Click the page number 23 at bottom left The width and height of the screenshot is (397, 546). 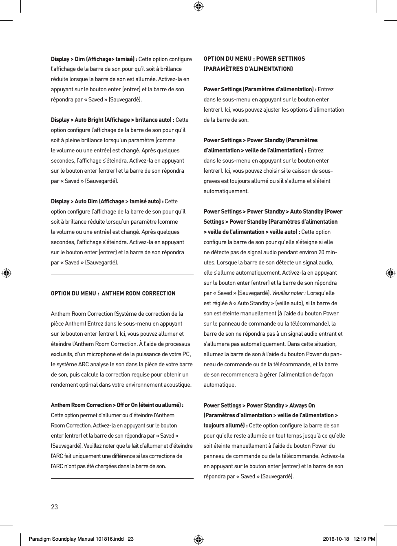click(54, 507)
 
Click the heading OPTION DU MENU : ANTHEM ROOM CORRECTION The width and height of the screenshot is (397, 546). click(113, 293)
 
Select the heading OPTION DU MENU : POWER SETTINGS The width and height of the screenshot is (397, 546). click(254, 59)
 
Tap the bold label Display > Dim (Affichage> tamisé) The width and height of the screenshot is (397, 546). click(94, 59)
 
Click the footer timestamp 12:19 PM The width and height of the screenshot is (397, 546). click(365, 539)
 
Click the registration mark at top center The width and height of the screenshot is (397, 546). click(198, 6)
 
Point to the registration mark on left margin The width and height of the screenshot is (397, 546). click(6, 273)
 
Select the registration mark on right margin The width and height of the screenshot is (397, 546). click(390, 273)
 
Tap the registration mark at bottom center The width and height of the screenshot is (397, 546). click(198, 539)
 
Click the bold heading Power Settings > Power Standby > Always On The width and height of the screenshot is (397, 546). click(259, 405)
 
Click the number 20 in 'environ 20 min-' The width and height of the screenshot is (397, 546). click(322, 252)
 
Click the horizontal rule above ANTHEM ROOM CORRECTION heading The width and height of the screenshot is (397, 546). click(122, 275)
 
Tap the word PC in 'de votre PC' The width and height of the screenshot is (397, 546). click(187, 354)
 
